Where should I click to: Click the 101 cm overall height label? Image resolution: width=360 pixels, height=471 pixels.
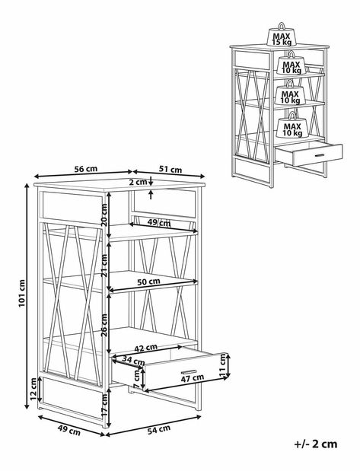pos(22,293)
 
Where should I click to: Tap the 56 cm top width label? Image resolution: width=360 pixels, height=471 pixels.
pos(86,169)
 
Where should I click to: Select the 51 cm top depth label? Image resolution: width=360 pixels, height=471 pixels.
pos(170,170)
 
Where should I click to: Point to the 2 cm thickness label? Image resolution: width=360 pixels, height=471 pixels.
pos(139,182)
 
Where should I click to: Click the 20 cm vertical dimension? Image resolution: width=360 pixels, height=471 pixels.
pos(104,215)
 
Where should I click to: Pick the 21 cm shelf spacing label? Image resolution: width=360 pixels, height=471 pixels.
pos(104,266)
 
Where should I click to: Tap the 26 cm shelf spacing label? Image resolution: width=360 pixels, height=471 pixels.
pos(104,326)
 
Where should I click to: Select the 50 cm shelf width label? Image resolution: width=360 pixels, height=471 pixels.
pos(148,282)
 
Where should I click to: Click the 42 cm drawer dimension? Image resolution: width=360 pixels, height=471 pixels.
pos(145,348)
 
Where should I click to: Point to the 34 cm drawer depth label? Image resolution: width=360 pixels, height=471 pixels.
pos(133,360)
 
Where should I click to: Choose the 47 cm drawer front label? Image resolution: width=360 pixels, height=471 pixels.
pos(193,378)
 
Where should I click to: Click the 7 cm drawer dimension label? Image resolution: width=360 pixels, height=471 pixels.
pos(136,378)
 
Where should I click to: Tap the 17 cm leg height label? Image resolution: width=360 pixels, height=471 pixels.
pos(104,405)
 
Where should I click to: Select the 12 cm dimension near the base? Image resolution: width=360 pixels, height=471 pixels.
pos(33,390)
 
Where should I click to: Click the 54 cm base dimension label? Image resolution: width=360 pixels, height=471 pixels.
pos(158,430)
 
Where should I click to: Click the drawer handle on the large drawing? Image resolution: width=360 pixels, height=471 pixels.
pos(189,371)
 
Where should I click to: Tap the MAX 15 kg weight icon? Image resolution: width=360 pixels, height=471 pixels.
pos(282,34)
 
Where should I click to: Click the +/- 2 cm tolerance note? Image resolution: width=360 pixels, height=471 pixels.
pos(316,444)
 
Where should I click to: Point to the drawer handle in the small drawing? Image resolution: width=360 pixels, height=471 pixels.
pos(319,155)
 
